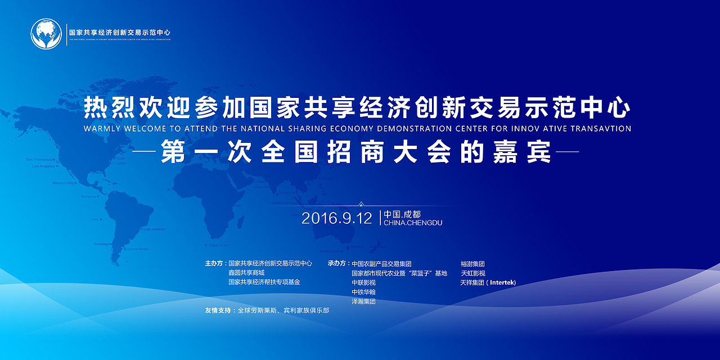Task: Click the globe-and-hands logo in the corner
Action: (x=46, y=34)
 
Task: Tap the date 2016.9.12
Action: (x=336, y=218)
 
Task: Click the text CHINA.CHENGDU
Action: (x=412, y=223)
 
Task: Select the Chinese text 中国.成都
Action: (x=402, y=214)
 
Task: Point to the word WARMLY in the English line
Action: (x=102, y=128)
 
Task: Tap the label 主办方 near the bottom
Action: (x=214, y=263)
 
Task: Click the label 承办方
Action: (x=337, y=263)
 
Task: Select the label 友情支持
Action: (x=218, y=310)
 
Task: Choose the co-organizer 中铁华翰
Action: (x=363, y=292)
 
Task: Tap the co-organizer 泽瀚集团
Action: (x=363, y=301)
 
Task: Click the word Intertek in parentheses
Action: (x=502, y=282)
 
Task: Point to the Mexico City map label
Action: (x=63, y=183)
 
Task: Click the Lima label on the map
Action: (x=93, y=219)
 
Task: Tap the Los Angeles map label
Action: (x=43, y=166)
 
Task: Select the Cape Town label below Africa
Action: (x=219, y=245)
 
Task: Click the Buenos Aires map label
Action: (x=136, y=249)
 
